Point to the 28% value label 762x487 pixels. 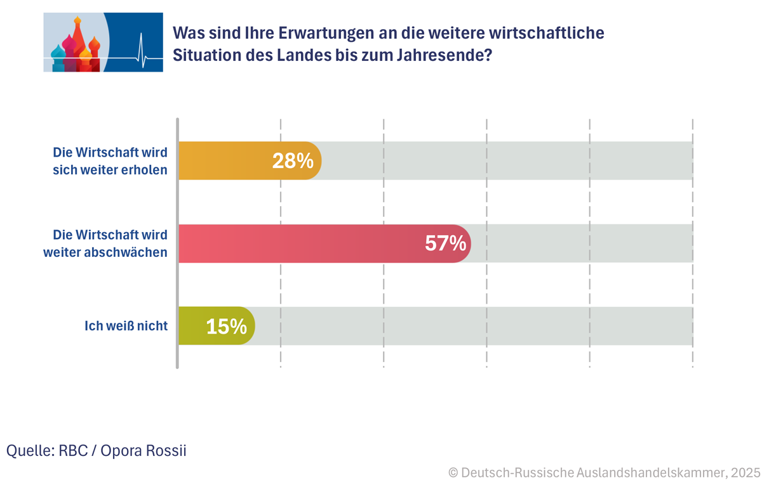293,161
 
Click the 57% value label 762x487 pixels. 446,243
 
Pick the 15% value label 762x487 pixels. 226,327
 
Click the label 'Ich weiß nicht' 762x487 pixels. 126,326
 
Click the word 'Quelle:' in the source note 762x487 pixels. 30,451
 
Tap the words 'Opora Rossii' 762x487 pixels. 145,451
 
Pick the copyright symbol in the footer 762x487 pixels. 453,472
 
